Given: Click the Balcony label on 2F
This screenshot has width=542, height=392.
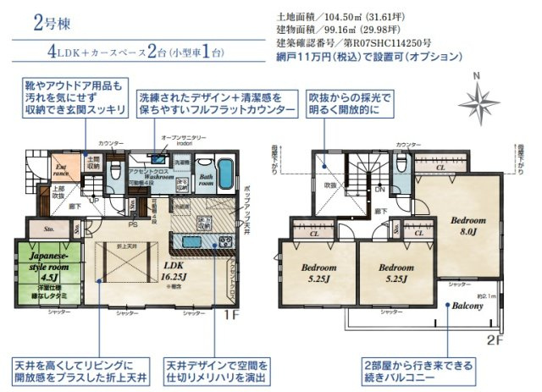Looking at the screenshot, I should (x=467, y=306).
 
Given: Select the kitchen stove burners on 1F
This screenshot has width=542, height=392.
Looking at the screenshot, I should (x=225, y=242).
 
